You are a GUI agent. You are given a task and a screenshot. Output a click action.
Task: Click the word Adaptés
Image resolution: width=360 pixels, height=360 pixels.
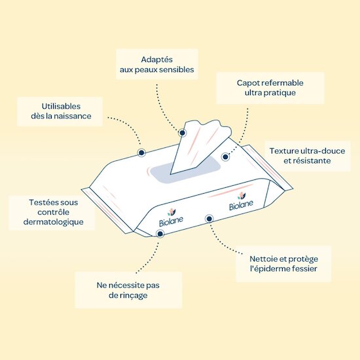pyautogui.click(x=157, y=60)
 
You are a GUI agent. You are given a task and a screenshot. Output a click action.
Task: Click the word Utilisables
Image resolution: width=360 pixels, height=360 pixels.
pyautogui.click(x=61, y=106)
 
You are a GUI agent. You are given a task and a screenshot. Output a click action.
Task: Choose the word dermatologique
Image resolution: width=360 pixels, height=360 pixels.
pyautogui.click(x=54, y=223)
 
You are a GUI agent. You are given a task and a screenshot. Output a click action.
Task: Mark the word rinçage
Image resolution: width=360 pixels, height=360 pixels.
pyautogui.click(x=134, y=296)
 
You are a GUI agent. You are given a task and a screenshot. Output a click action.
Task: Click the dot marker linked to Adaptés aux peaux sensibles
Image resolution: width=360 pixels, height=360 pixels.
pyautogui.click(x=183, y=133)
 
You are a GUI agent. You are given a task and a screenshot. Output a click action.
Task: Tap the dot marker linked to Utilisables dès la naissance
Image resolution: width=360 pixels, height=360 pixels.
pyautogui.click(x=141, y=153)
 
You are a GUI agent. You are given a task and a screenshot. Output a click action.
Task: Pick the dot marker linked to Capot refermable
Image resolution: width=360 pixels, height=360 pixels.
pyautogui.click(x=225, y=157)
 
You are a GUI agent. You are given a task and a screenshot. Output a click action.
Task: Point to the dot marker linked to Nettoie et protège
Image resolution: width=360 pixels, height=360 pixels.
pyautogui.click(x=209, y=219)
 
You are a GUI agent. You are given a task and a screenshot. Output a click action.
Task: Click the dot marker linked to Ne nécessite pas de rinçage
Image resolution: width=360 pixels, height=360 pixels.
pyautogui.click(x=160, y=234)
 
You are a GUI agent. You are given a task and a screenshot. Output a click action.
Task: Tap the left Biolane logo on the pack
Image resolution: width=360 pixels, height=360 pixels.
pyautogui.click(x=171, y=218)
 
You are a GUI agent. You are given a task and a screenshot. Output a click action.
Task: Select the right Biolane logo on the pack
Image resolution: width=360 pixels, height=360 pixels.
pyautogui.click(x=241, y=201)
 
